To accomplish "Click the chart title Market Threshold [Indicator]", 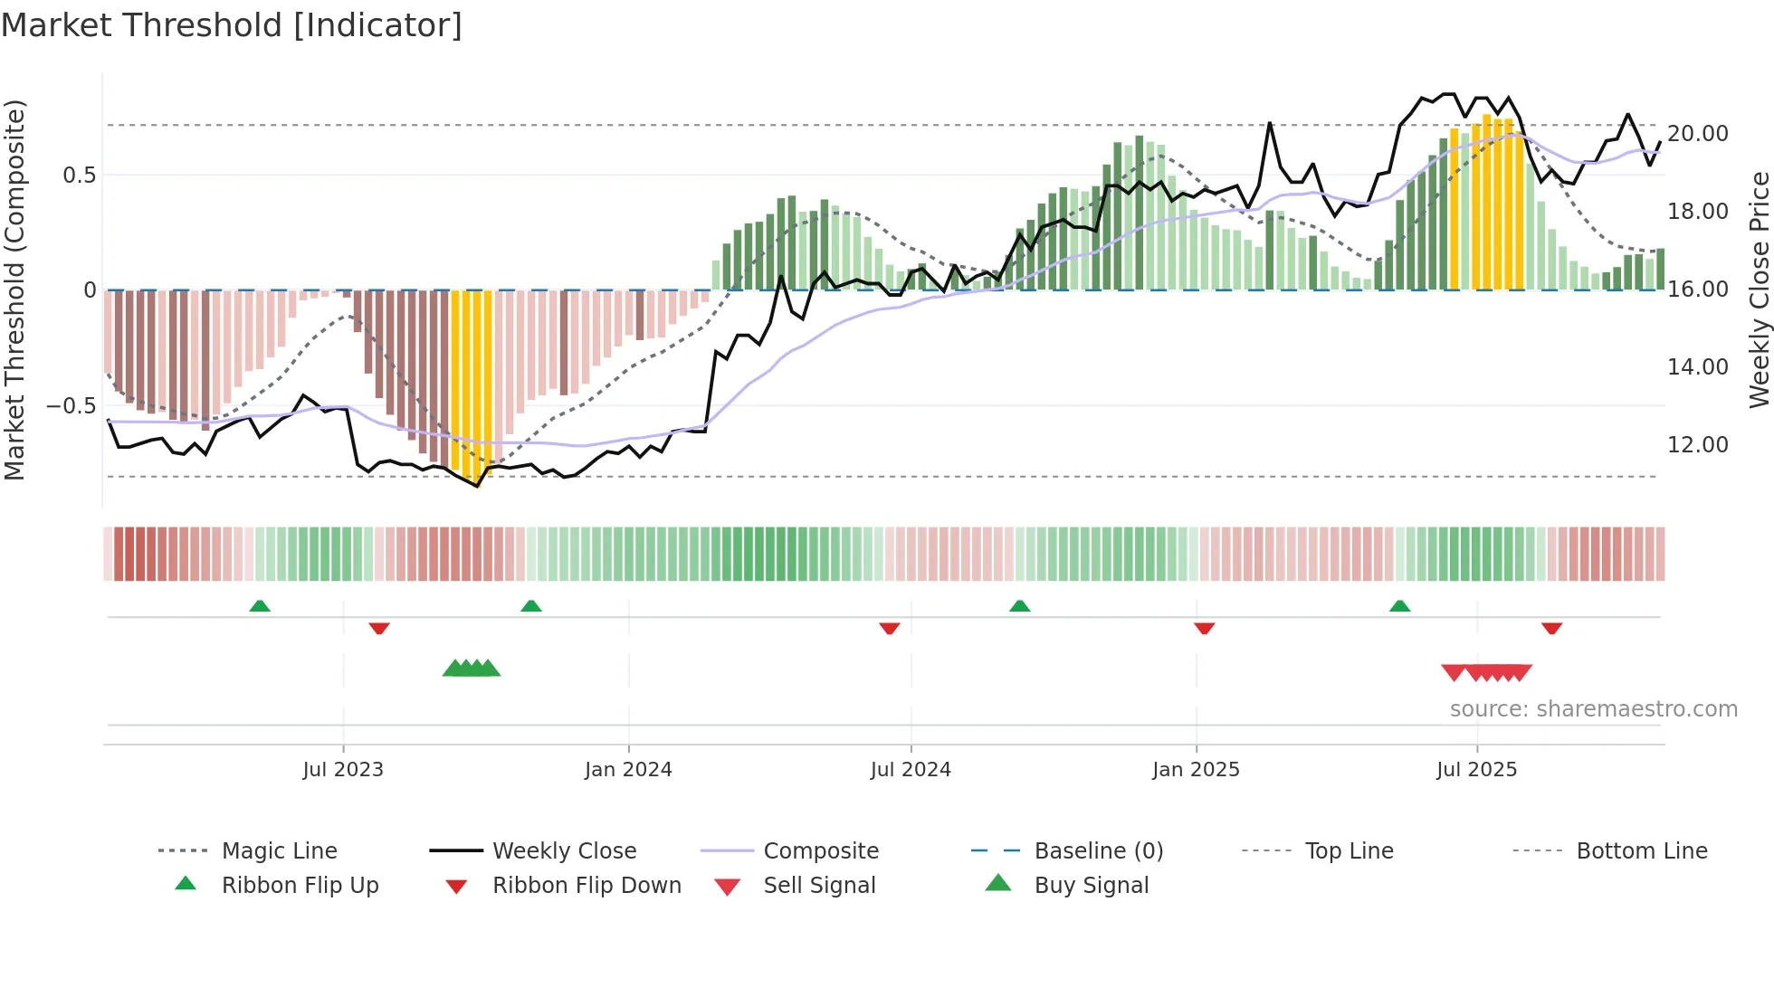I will (232, 25).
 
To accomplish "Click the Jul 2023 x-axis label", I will (343, 770).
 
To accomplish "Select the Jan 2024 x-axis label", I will (628, 770).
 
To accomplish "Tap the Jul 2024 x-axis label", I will (911, 770).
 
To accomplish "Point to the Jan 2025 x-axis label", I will (1196, 770).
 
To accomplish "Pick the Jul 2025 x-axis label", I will (1476, 770).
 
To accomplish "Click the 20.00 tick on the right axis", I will (1697, 134).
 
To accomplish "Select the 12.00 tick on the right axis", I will (1697, 445).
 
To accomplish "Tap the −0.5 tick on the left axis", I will (72, 406).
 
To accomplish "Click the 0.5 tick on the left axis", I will (80, 176).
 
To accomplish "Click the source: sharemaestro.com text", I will (1593, 709).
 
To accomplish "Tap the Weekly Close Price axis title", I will (1759, 290).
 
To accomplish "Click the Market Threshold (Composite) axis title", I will (14, 290).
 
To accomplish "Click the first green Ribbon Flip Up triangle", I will (260, 605).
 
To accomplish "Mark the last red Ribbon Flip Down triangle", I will (1551, 628).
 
